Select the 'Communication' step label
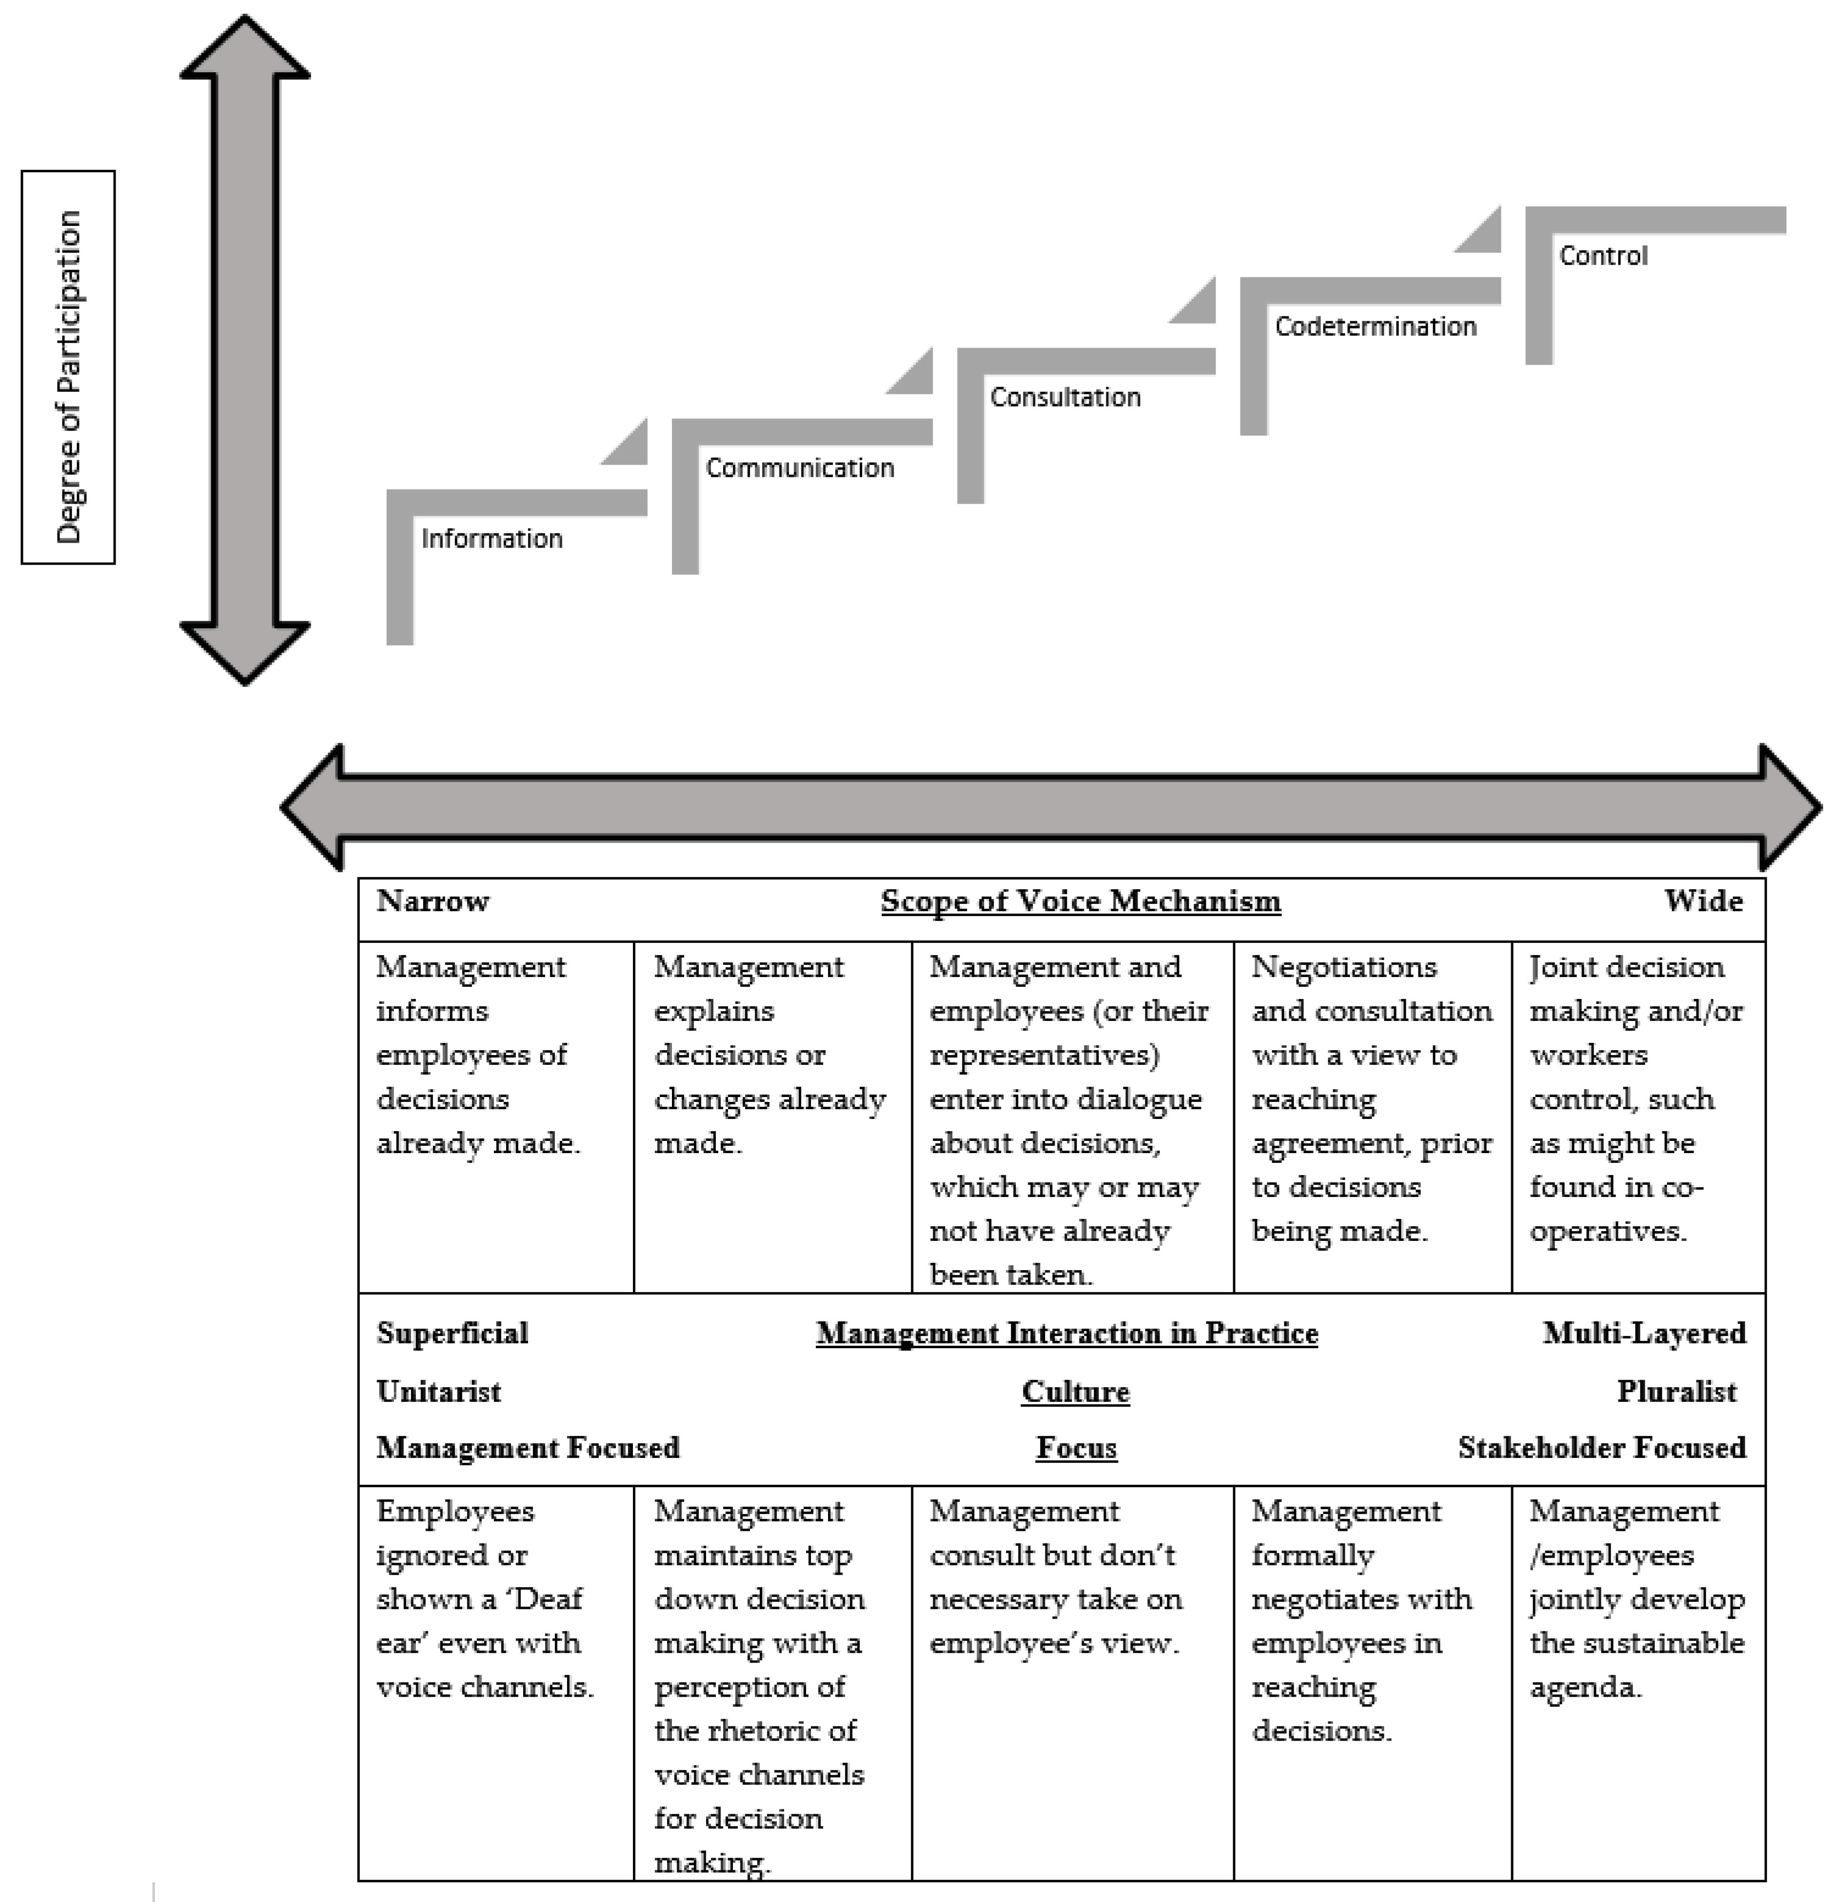pos(800,468)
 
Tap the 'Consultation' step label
pos(1064,397)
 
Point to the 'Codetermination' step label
pos(1375,326)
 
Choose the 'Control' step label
pos(1603,255)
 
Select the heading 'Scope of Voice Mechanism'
pos(1080,902)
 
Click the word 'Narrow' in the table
pos(433,902)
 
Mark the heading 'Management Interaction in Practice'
pos(1066,1333)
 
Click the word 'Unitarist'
pos(438,1392)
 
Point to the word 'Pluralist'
pos(1676,1392)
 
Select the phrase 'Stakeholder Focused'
pos(1601,1448)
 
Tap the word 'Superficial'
pos(452,1333)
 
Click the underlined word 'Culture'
pos(1075,1392)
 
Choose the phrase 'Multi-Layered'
pos(1644,1333)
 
